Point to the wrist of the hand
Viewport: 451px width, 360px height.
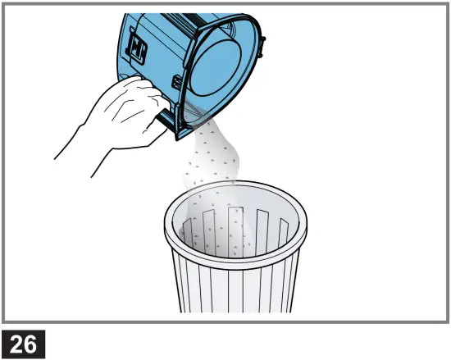click(78, 135)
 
